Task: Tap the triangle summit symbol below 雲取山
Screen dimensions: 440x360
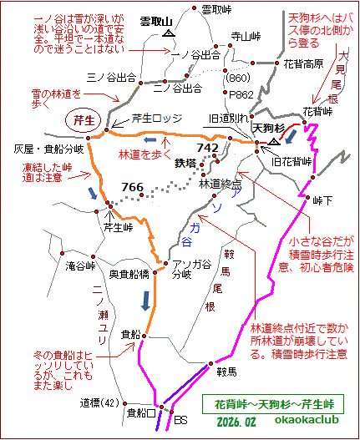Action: pos(170,35)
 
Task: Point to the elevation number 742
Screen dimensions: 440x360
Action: pos(206,147)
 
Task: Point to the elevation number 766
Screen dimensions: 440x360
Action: pos(132,185)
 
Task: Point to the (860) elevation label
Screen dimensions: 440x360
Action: pos(238,77)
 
